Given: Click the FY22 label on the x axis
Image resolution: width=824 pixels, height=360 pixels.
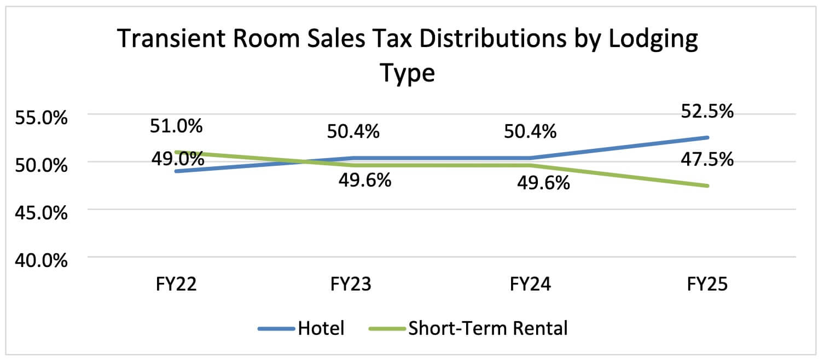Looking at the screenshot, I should pos(176,285).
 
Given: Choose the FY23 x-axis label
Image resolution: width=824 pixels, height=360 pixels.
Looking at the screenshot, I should pos(353,285).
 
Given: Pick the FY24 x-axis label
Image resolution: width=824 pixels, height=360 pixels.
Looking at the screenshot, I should pos(531,285).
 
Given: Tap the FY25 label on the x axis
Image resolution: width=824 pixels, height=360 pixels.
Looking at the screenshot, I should pos(707,285).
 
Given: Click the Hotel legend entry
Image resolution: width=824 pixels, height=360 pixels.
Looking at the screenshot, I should pos(321,329).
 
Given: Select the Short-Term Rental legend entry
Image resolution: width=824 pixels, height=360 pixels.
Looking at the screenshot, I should pos(488,329).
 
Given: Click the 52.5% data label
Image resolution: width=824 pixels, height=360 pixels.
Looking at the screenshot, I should pos(707,111).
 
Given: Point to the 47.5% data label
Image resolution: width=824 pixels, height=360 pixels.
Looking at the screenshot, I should pos(707,160).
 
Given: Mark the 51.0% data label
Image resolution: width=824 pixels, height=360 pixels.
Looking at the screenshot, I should pos(176,126).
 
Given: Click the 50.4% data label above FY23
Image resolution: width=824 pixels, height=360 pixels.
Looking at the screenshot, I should pos(353,131).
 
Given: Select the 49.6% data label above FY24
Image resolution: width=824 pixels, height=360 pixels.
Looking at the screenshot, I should pos(543,183).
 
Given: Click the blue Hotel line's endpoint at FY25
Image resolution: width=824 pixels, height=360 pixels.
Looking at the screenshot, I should pos(707,137).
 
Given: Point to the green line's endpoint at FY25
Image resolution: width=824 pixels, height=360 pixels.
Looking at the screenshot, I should pos(707,185).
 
